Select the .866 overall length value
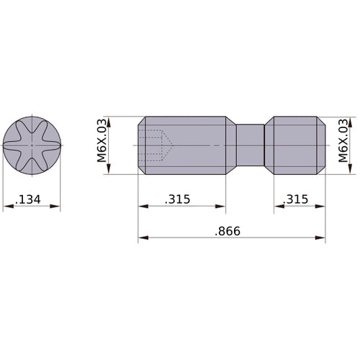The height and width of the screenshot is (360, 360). tap(226, 231)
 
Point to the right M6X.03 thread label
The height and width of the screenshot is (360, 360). tap(343, 141)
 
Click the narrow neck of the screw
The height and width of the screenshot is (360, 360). tap(251, 145)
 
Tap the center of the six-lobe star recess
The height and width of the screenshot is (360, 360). tap(32, 145)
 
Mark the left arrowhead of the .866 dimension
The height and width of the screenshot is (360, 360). tap(143, 238)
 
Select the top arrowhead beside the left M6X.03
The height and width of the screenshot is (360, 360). tap(110, 120)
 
